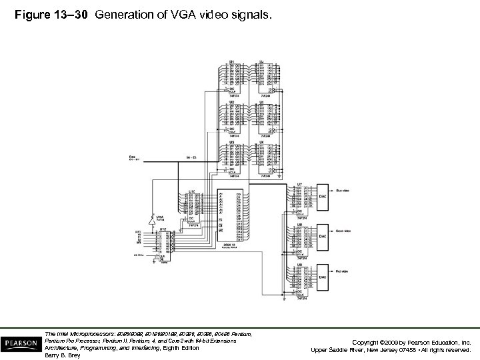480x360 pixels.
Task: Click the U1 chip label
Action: pos(231,62)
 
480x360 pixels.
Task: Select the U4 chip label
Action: pos(262,62)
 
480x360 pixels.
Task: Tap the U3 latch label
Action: pos(231,141)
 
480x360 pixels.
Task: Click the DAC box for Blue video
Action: pos(323,197)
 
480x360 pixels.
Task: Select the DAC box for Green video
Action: pos(323,236)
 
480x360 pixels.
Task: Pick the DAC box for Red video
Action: pos(323,275)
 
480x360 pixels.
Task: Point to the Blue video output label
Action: pos(343,191)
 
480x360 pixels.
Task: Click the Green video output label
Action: pos(345,230)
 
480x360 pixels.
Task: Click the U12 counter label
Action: pos(162,229)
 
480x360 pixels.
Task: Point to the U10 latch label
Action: pos(192,191)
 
